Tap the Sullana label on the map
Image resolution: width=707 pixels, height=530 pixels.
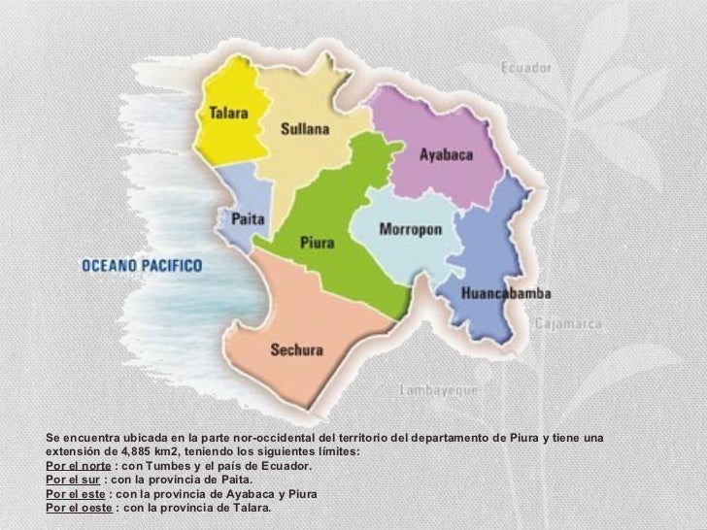305,127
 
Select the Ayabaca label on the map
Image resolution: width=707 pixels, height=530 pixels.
445,153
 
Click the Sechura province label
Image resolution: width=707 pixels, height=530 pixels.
297,350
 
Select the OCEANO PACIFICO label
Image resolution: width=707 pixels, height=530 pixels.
141,263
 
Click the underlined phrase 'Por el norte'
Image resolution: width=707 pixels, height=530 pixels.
79,466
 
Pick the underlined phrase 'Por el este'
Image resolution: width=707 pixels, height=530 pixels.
76,493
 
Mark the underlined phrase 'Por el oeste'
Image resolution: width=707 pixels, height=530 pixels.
79,507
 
